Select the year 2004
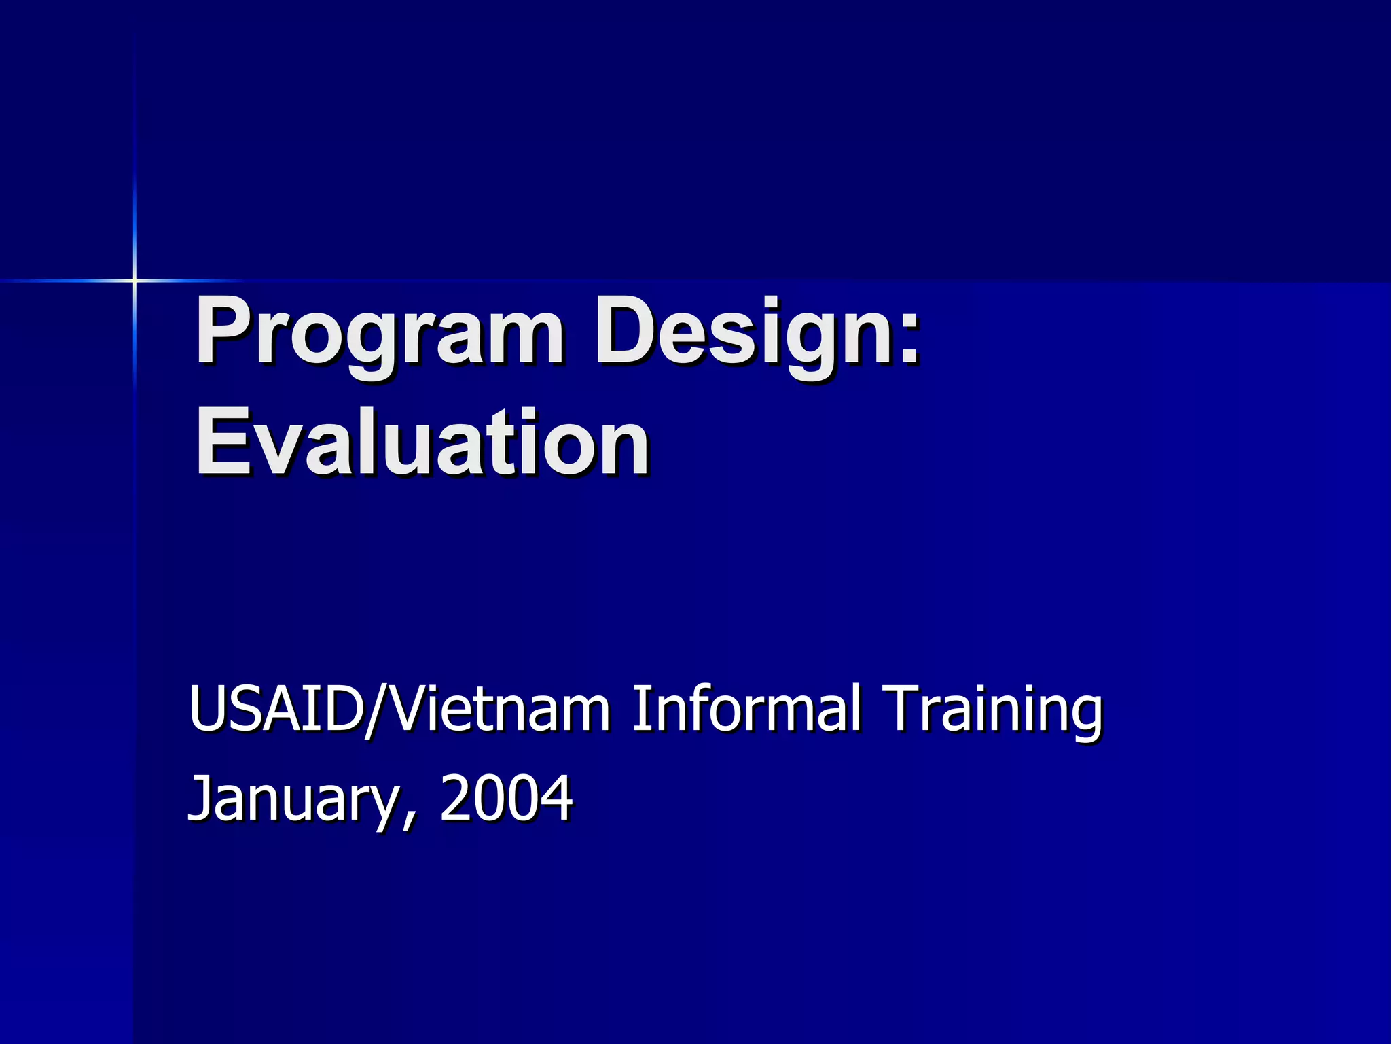pyautogui.click(x=506, y=798)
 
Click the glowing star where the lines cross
pyautogui.click(x=134, y=280)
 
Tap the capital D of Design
pyautogui.click(x=629, y=330)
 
